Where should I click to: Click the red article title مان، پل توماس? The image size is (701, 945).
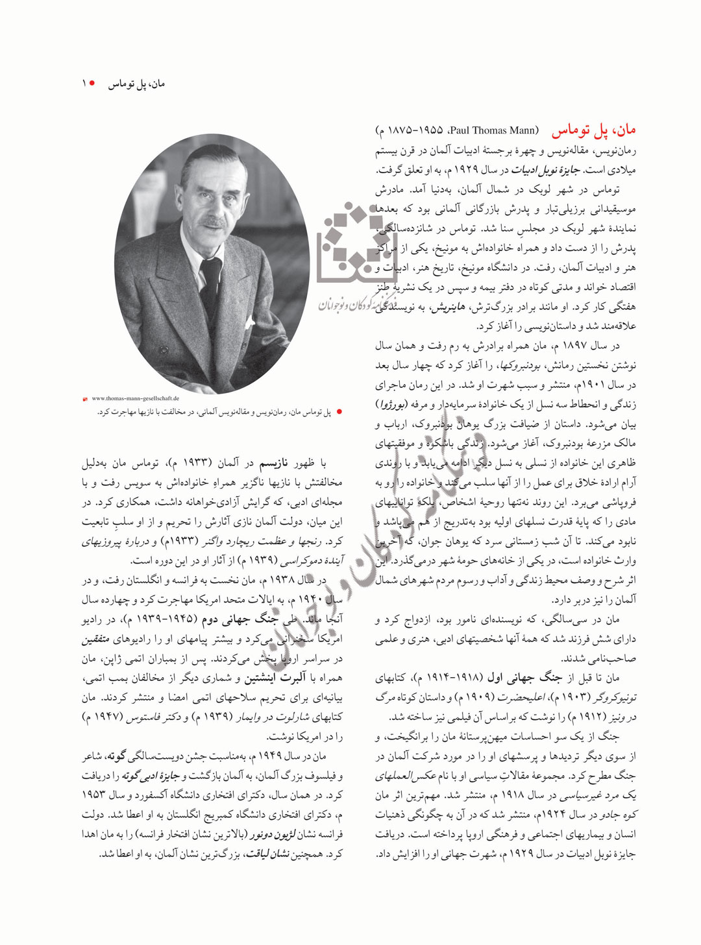pyautogui.click(x=593, y=130)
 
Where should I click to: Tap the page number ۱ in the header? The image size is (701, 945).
pyautogui.click(x=84, y=84)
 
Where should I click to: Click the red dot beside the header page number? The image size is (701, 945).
pyautogui.click(x=93, y=84)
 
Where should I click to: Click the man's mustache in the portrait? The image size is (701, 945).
pyautogui.click(x=211, y=222)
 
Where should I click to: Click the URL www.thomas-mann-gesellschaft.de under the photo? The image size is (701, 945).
pyautogui.click(x=136, y=398)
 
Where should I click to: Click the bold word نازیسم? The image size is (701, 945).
pyautogui.click(x=273, y=463)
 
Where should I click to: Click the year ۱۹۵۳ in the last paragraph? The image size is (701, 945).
pyautogui.click(x=94, y=795)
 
